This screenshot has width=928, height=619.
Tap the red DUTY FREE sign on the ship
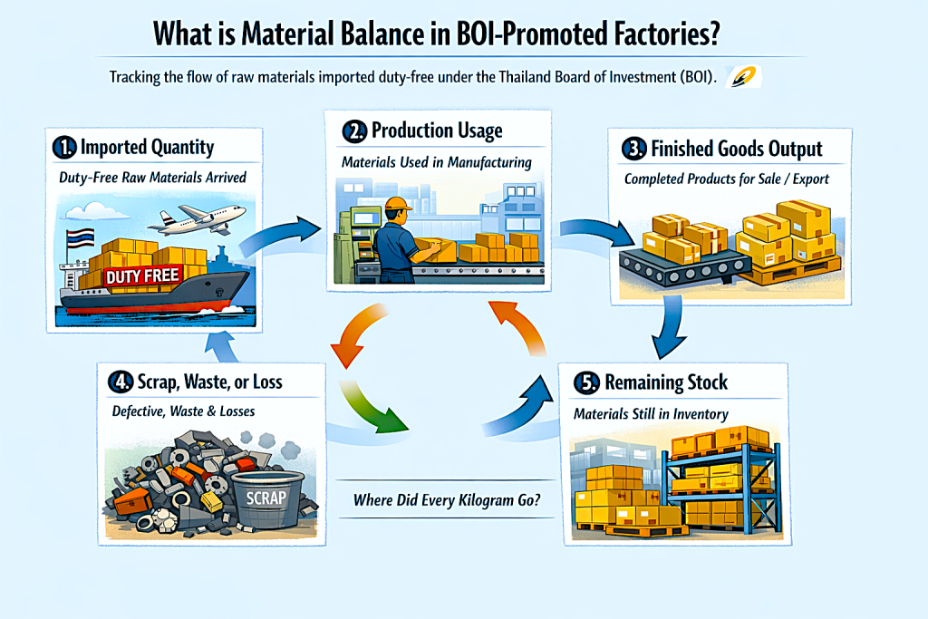pos(144,276)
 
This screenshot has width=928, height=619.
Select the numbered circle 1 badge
pos(65,148)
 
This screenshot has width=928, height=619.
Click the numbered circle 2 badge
pos(353,131)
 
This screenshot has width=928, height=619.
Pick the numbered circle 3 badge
pos(634,149)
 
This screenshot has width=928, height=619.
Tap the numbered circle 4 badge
pos(121,382)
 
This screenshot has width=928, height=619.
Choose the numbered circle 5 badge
pos(586,383)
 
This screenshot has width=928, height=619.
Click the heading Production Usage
pos(436,131)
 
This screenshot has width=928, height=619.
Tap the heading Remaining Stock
pos(667,382)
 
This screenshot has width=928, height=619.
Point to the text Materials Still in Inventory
pos(651,414)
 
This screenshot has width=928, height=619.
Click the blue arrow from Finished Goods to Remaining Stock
pos(672,329)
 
